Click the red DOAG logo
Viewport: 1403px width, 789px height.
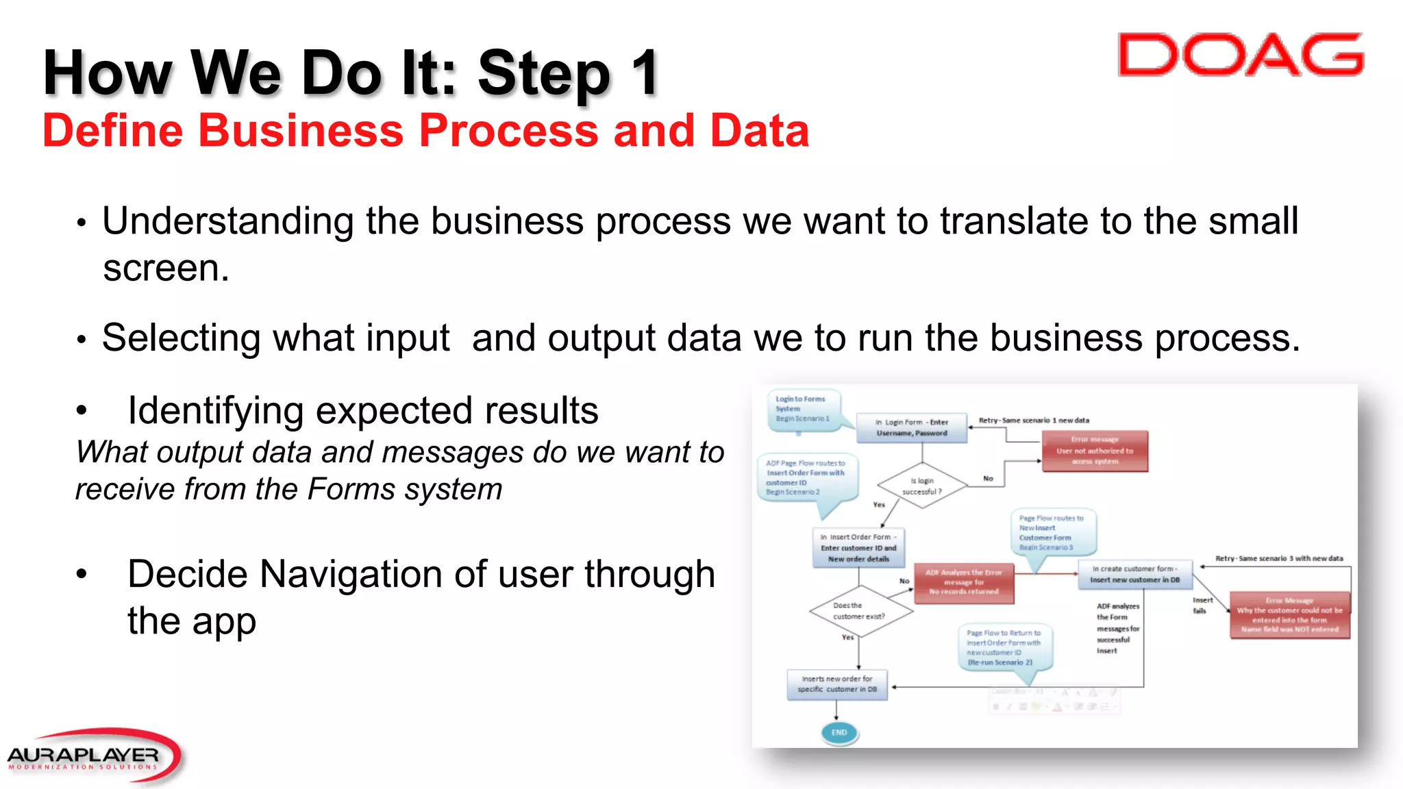(x=1240, y=55)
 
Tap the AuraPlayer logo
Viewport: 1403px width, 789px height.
(x=92, y=756)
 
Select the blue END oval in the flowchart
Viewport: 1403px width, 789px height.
(x=839, y=732)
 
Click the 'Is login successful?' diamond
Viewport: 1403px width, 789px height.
(x=921, y=486)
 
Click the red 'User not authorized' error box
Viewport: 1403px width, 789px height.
(x=1094, y=451)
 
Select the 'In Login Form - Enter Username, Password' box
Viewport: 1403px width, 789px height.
(x=912, y=427)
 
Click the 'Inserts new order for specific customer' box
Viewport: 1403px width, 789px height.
(x=837, y=684)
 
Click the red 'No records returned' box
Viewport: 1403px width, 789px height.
(x=963, y=582)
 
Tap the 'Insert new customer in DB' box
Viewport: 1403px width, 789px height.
(x=1134, y=574)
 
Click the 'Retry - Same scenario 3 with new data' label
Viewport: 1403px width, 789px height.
(x=1279, y=558)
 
